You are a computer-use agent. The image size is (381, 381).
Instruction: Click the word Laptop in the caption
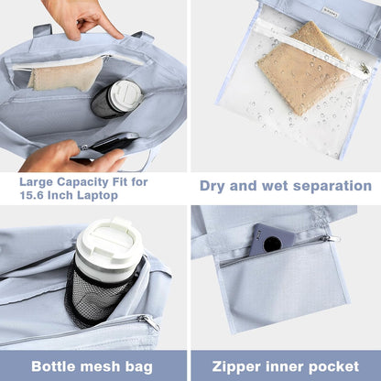[x=97, y=196]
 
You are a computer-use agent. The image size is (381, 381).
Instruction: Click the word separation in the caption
[x=332, y=186]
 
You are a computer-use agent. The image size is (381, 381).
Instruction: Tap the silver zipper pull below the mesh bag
[x=149, y=321]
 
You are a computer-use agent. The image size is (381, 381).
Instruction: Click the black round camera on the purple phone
[x=273, y=244]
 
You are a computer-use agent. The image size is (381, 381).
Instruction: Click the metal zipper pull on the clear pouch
[x=365, y=68]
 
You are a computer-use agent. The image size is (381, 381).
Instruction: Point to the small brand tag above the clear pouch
[x=327, y=10]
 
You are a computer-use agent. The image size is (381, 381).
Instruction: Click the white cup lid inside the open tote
[x=126, y=96]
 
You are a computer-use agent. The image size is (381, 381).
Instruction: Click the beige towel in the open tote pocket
[x=66, y=74]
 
